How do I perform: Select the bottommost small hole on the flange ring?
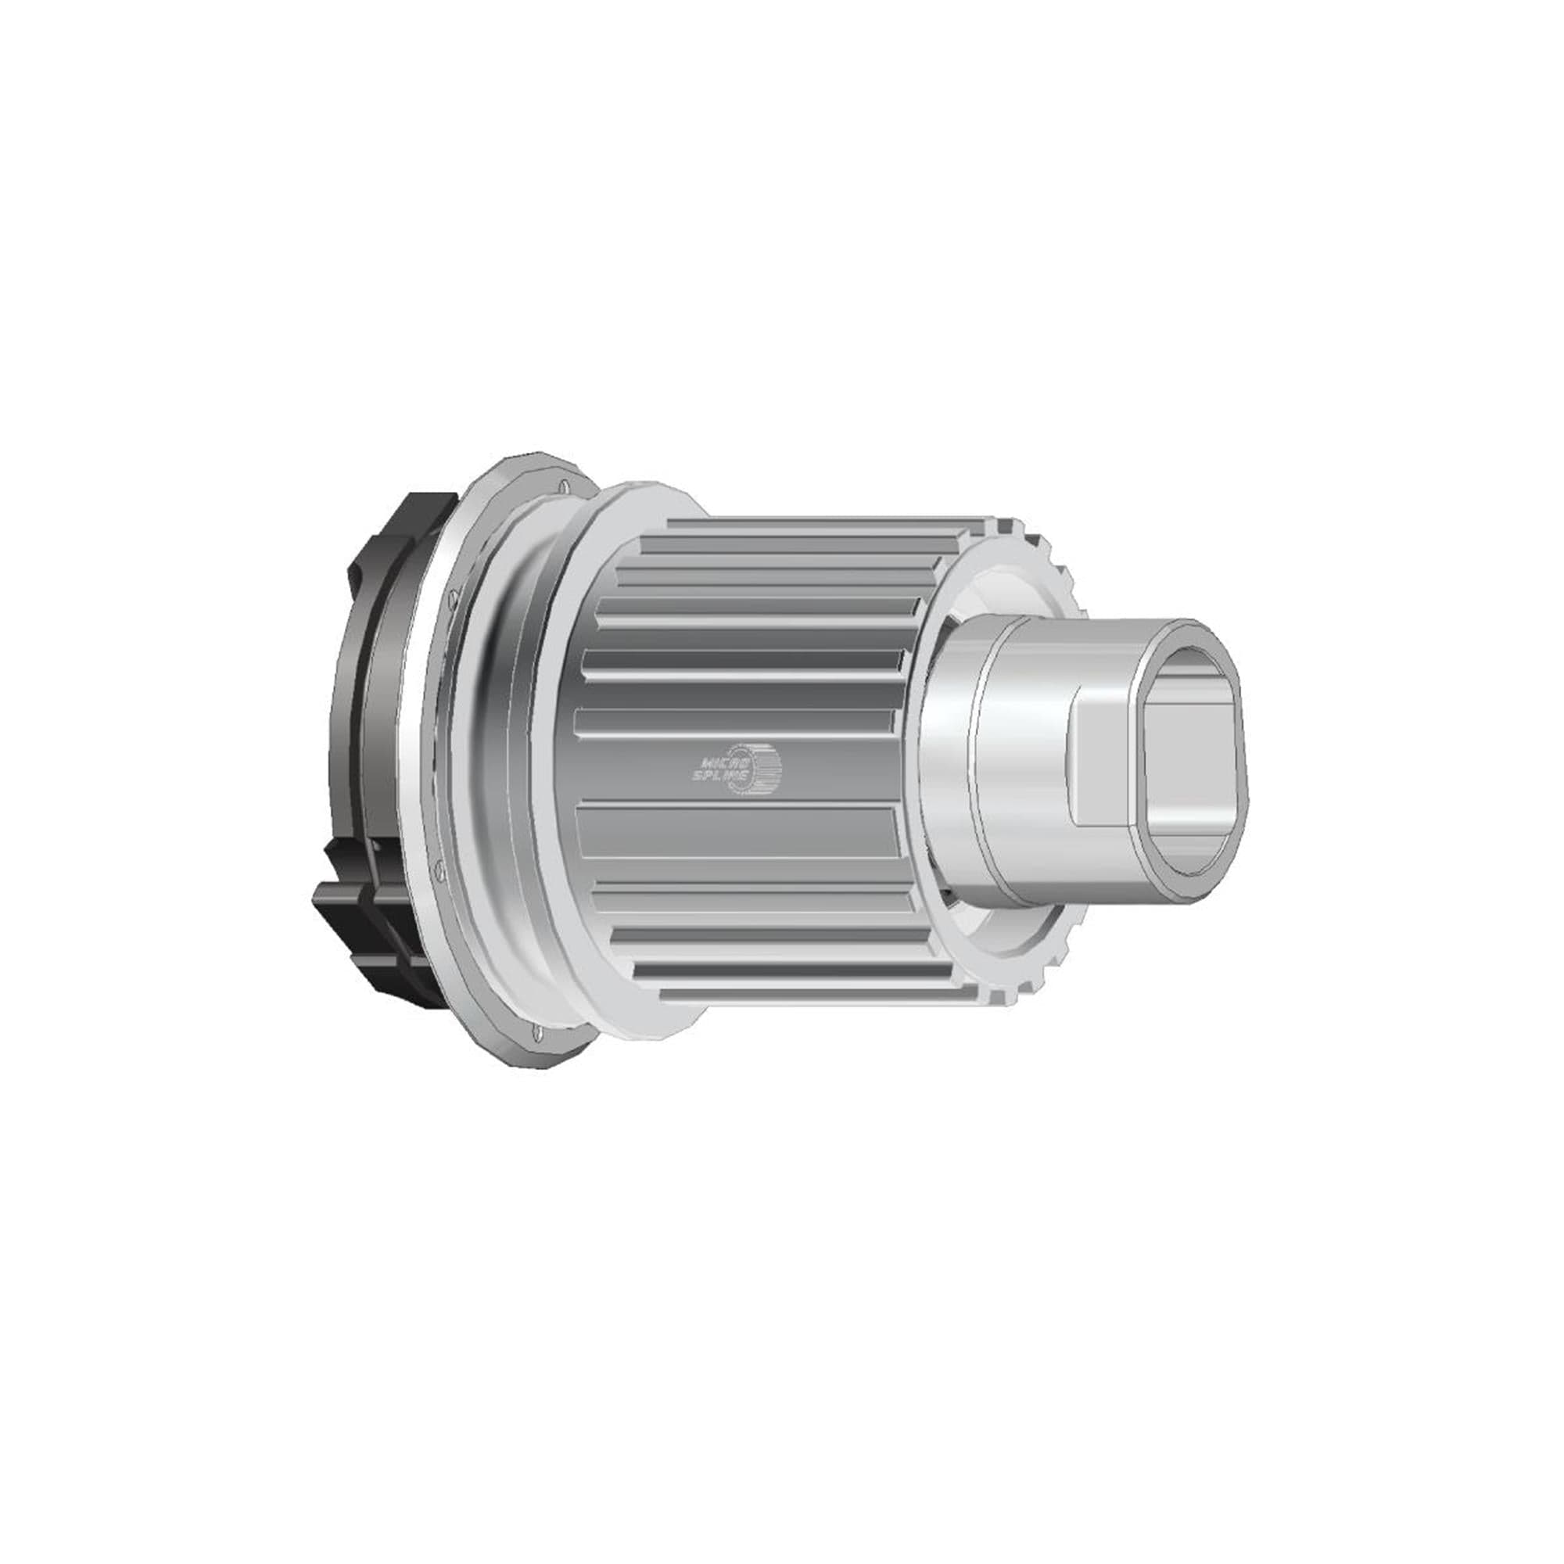[x=539, y=1032]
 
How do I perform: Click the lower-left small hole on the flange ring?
[x=438, y=870]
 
